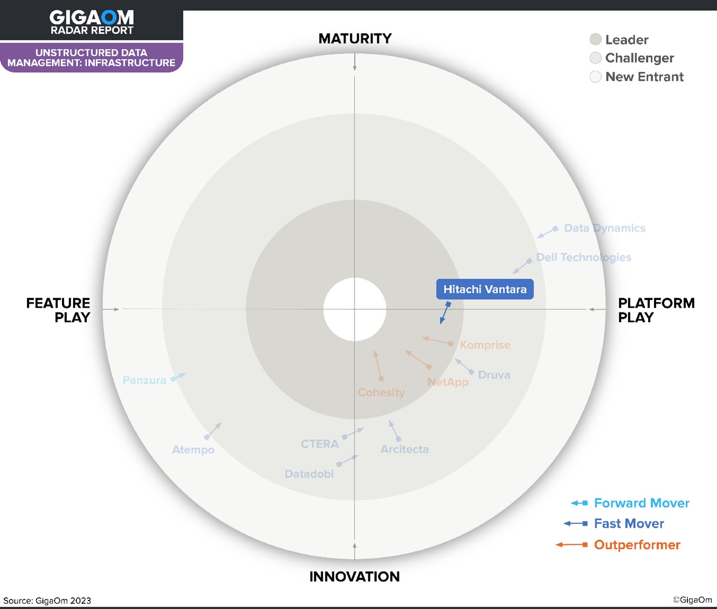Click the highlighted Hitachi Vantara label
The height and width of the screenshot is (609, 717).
(x=484, y=289)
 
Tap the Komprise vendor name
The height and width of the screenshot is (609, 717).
(x=485, y=345)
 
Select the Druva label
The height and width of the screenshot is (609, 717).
(x=494, y=375)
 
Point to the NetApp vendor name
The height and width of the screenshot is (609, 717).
(x=448, y=382)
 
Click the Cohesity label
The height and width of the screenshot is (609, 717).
(x=381, y=392)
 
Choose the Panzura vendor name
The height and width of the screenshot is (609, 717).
(x=144, y=380)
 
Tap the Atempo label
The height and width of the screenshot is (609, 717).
(x=193, y=450)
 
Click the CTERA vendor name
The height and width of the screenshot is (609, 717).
(x=320, y=444)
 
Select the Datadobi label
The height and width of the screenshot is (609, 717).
(x=309, y=474)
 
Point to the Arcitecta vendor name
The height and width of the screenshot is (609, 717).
(x=404, y=449)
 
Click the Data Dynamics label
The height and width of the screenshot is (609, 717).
(x=605, y=228)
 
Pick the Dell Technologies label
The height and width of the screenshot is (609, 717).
(x=584, y=257)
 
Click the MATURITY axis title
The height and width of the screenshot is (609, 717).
(x=355, y=39)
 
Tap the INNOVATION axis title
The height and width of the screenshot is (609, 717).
(x=355, y=577)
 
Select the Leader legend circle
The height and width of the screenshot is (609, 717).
(x=595, y=39)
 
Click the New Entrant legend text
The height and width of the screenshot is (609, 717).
(x=644, y=77)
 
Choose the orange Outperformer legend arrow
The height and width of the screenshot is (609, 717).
(x=572, y=545)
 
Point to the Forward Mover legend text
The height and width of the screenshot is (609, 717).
(x=642, y=503)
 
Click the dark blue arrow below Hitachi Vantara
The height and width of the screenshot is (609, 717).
(x=445, y=313)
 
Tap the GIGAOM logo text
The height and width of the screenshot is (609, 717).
(x=92, y=17)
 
